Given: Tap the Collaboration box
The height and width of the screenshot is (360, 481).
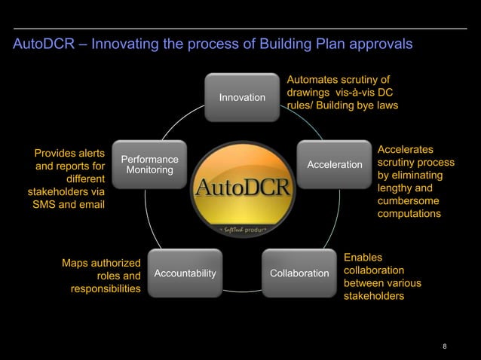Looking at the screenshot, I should [299, 272].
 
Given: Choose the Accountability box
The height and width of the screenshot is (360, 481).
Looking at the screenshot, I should [185, 272].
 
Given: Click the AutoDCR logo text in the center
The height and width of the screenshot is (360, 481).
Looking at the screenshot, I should [242, 186].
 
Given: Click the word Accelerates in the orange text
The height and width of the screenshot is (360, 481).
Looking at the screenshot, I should [406, 150].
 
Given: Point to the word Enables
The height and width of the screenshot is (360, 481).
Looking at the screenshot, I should [363, 257].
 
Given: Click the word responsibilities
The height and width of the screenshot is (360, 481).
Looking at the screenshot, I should [106, 289].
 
